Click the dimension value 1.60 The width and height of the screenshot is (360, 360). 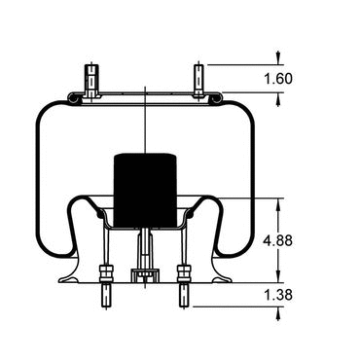[x=278, y=79]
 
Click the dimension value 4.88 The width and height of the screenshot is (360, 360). [x=278, y=241]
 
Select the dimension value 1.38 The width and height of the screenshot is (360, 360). [x=278, y=295]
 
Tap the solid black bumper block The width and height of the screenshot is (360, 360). [x=145, y=190]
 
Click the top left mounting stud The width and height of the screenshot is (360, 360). [x=91, y=81]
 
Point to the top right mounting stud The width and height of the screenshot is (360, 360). [x=198, y=81]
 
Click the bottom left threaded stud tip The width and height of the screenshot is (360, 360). [x=107, y=295]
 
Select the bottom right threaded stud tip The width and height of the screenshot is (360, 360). [x=184, y=295]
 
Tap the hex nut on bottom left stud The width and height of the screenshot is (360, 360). [x=107, y=273]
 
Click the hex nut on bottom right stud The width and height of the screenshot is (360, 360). [x=184, y=273]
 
